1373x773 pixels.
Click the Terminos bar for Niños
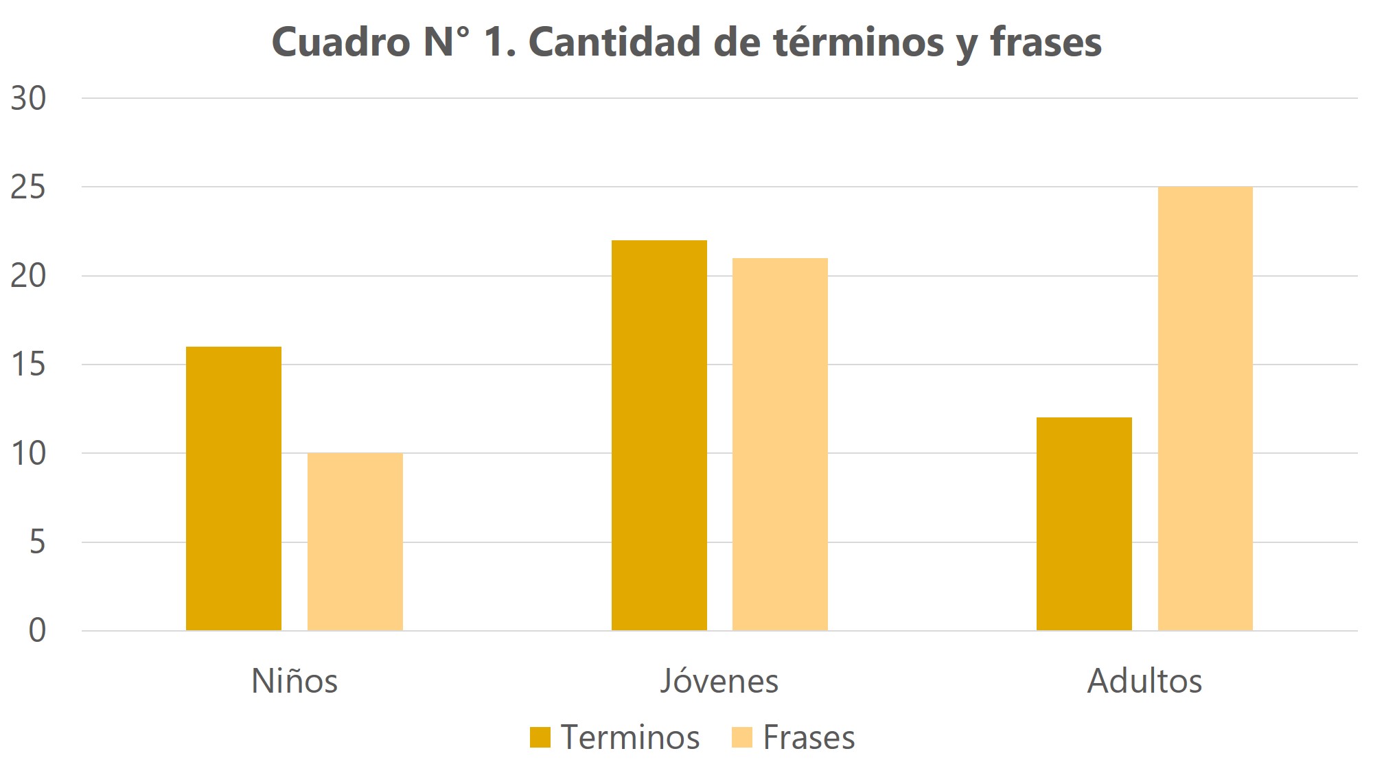233,488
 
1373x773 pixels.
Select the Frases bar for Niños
355,541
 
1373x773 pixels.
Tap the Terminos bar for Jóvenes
659,435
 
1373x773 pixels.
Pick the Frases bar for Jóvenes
780,444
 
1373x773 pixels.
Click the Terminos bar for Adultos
1084,523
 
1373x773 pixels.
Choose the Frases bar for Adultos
1205,408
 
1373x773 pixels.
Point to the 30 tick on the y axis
29,99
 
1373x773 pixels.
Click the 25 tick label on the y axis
29,187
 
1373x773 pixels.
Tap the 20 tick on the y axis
29,276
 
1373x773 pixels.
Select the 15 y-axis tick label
29,365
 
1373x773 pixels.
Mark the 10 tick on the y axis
29,453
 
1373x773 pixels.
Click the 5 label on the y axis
37,542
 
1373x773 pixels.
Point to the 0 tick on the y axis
37,630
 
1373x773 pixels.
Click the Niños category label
295,681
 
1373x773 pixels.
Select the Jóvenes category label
719,681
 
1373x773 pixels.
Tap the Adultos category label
1144,681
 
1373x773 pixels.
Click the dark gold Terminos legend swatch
540,737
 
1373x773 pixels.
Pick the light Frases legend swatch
742,737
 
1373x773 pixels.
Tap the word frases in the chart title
1046,43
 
